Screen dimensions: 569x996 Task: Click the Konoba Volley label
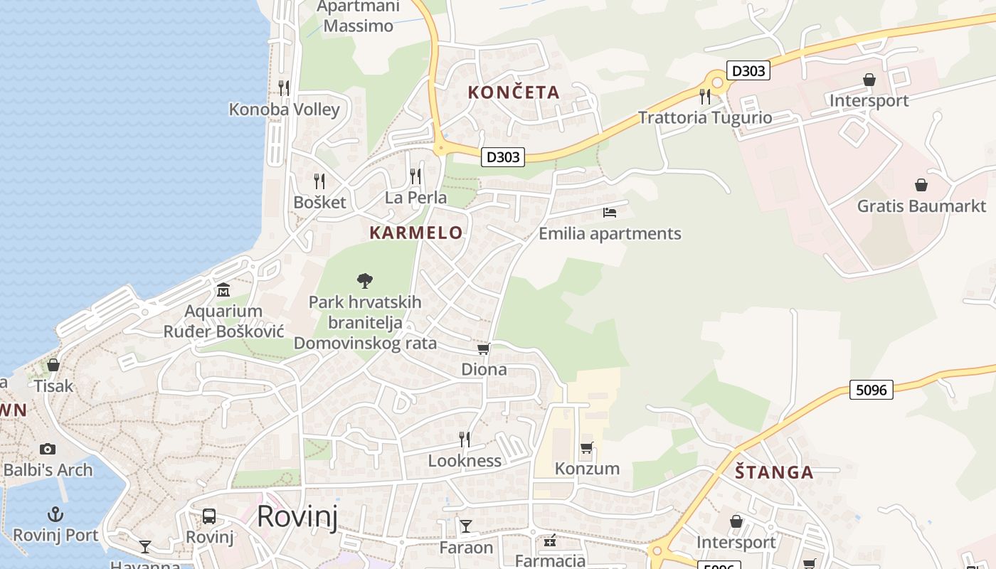pyautogui.click(x=284, y=110)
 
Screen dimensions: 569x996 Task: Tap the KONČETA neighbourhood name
pyautogui.click(x=514, y=92)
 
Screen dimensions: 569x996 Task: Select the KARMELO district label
pyautogui.click(x=416, y=233)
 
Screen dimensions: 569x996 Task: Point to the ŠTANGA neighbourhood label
pyautogui.click(x=774, y=472)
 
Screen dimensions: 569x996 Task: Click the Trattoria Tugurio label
pyautogui.click(x=705, y=117)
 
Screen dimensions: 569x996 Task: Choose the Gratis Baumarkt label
pyautogui.click(x=921, y=206)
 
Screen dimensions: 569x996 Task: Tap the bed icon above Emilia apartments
pyautogui.click(x=610, y=212)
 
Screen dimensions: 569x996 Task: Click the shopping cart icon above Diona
pyautogui.click(x=484, y=349)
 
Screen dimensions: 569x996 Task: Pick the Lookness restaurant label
pyautogui.click(x=465, y=461)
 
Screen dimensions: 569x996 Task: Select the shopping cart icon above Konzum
pyautogui.click(x=587, y=448)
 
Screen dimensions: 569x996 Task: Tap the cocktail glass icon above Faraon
pyautogui.click(x=466, y=526)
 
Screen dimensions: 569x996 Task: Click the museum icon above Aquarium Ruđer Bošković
pyautogui.click(x=223, y=290)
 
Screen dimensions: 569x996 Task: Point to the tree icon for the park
pyautogui.click(x=365, y=281)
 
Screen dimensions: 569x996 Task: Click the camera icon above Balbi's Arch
pyautogui.click(x=48, y=449)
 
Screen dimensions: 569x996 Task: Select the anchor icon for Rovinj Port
pyautogui.click(x=55, y=514)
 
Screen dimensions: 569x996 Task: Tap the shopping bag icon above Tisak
pyautogui.click(x=53, y=365)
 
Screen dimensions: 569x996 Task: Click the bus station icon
pyautogui.click(x=209, y=516)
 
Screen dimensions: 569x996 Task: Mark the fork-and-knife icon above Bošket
pyautogui.click(x=319, y=181)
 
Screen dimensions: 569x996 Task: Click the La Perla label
pyautogui.click(x=415, y=198)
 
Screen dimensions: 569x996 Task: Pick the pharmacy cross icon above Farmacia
pyautogui.click(x=550, y=541)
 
